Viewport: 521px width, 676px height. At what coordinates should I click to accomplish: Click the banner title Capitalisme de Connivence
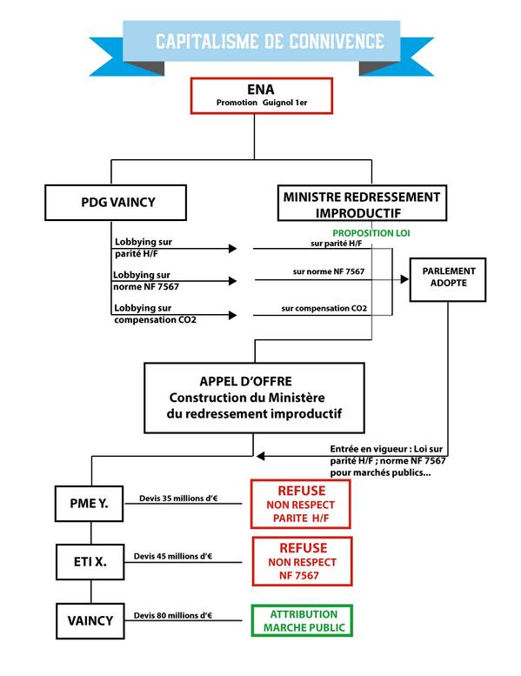pos(269,41)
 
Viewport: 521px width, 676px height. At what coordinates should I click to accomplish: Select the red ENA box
pos(262,96)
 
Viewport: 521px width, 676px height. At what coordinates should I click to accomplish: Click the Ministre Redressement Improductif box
pos(362,203)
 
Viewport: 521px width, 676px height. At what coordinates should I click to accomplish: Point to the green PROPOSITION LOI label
pos(371,234)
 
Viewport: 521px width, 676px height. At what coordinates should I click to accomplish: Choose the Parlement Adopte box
pos(449,278)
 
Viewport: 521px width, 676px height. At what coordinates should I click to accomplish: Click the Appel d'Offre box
pos(254,398)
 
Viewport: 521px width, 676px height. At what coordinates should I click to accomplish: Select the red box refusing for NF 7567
pos(301,562)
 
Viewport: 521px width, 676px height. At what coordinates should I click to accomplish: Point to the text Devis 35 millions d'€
pos(179,499)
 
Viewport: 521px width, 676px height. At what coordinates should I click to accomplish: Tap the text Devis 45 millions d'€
pos(174,556)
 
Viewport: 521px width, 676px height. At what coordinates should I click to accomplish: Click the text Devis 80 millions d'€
pos(174,616)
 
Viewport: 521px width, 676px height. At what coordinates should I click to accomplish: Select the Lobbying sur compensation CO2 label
pos(154,315)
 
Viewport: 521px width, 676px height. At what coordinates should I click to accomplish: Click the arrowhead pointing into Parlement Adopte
pos(404,279)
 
